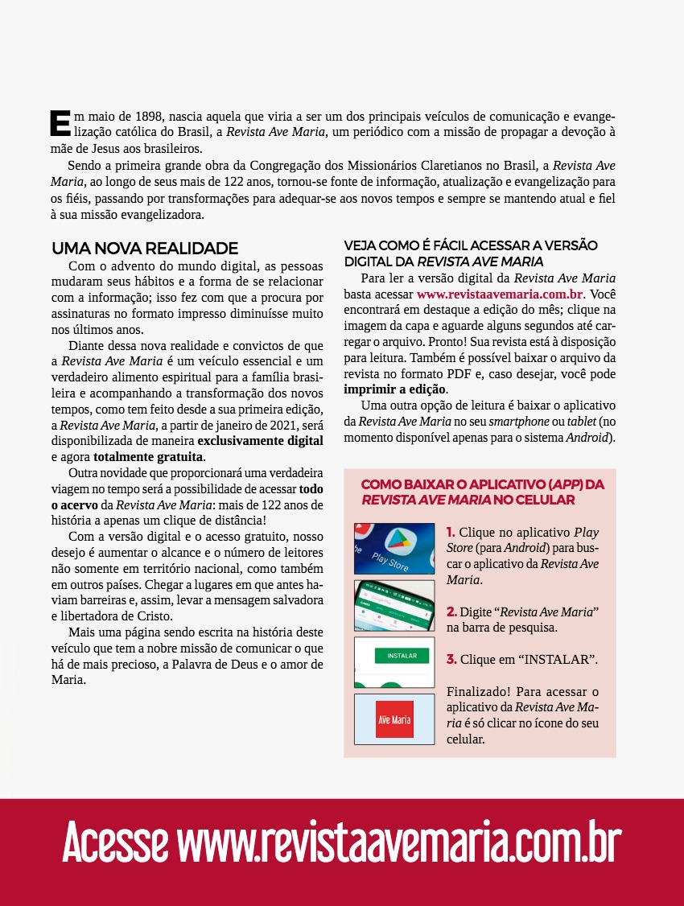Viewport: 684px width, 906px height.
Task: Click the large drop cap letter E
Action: (60, 121)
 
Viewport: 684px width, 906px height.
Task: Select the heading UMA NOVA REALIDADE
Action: (145, 248)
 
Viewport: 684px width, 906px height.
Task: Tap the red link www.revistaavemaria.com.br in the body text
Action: (499, 294)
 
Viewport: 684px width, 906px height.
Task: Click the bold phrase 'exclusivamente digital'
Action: (261, 441)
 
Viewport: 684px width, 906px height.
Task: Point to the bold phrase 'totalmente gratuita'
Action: (148, 456)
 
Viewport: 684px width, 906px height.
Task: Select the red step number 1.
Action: (451, 533)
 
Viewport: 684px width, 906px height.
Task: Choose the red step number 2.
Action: (451, 613)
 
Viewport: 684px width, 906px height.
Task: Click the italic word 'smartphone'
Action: (516, 422)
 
